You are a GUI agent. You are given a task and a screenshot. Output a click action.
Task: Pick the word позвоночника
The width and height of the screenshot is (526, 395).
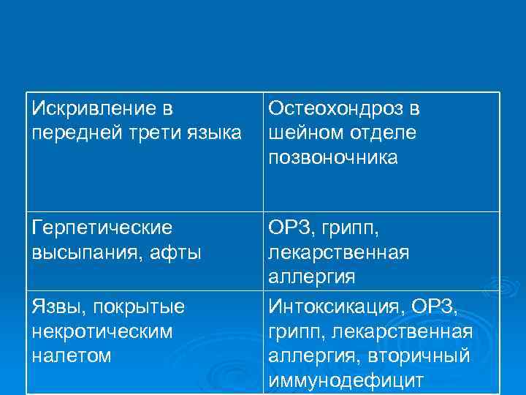(333, 158)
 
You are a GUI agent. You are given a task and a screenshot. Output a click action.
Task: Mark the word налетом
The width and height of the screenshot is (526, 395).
(72, 356)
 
